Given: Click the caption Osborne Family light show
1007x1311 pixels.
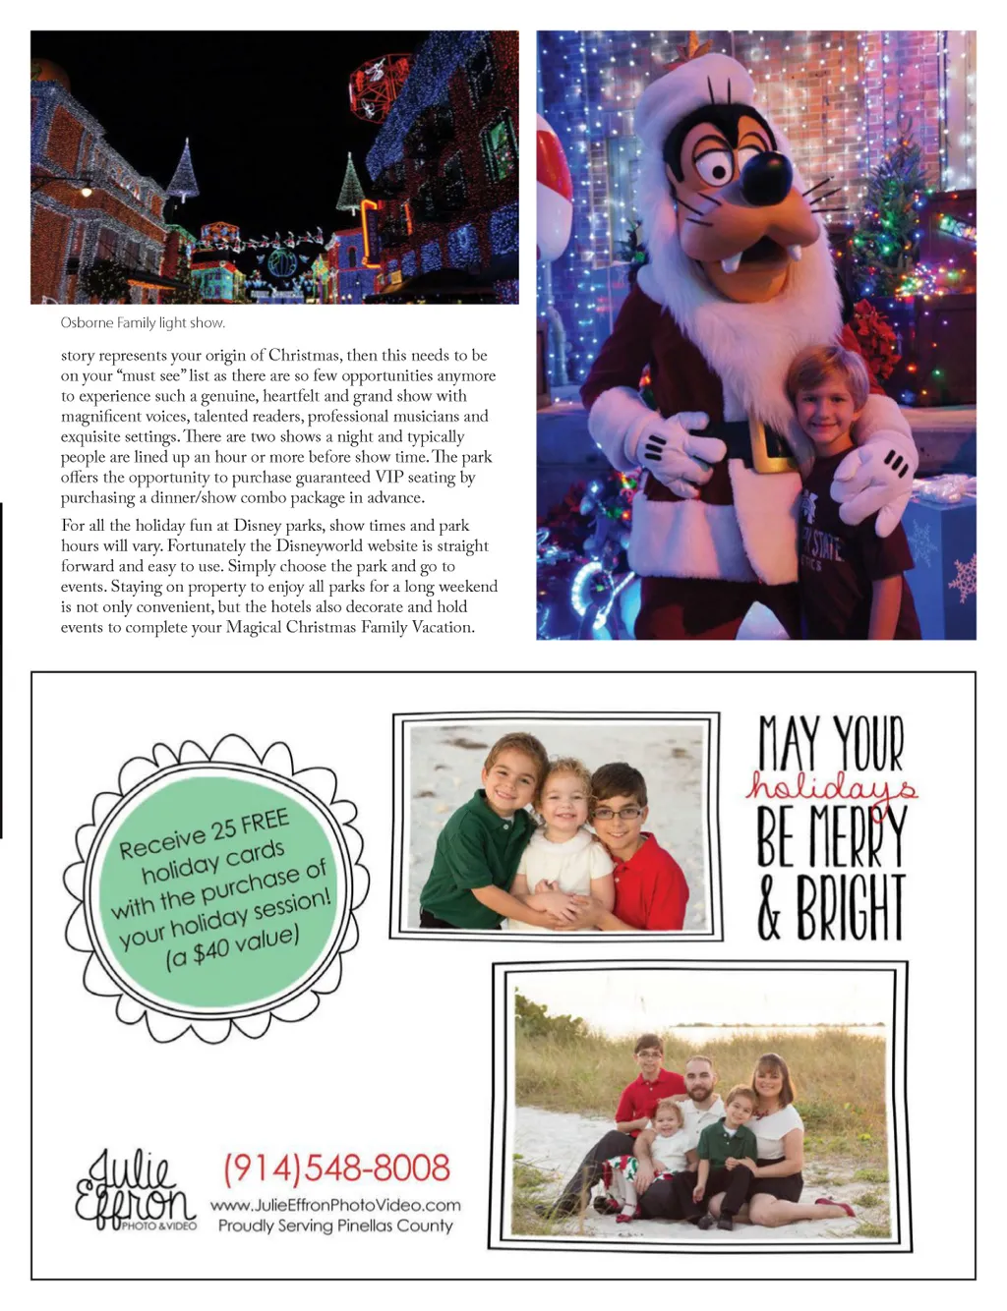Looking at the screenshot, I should [143, 322].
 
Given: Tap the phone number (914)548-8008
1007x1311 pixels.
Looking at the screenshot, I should [336, 1168].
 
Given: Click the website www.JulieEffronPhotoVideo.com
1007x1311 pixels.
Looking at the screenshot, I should [335, 1205].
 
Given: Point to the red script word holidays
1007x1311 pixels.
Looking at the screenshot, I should [831, 786].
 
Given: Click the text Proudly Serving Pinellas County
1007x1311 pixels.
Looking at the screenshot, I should [335, 1225].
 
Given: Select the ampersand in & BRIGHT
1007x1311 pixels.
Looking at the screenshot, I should [769, 909].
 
